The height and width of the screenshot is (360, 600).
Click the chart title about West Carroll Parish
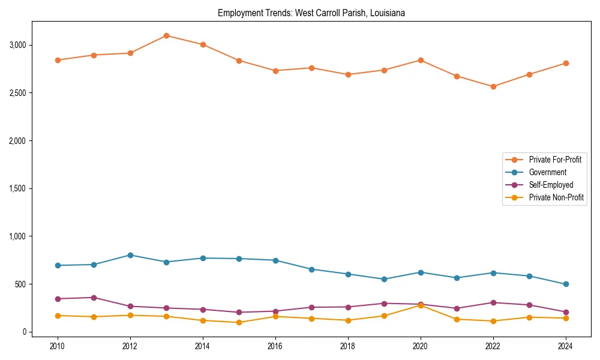[311, 13]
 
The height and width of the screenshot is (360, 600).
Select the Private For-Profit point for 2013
[166, 35]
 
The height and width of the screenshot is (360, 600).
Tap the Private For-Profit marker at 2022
[493, 86]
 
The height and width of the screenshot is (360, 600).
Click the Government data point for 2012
[130, 255]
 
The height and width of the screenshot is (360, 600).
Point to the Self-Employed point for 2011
[94, 298]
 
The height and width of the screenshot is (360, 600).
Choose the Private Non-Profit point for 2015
[239, 322]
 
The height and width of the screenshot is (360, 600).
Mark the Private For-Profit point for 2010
[58, 60]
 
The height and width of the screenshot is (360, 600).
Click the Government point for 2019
[384, 279]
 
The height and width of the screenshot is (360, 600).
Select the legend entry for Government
[547, 172]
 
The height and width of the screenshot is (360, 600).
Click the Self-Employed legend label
[551, 185]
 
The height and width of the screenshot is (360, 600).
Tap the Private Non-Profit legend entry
[556, 197]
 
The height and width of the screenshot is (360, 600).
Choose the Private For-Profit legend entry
[555, 160]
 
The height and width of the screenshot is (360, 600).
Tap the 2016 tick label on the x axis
[275, 346]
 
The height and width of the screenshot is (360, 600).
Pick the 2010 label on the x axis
[58, 346]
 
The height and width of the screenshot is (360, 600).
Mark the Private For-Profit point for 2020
[421, 60]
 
